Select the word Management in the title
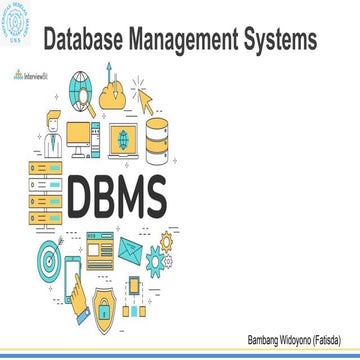pyautogui.click(x=195, y=39)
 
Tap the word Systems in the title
pyautogui.click(x=284, y=39)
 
